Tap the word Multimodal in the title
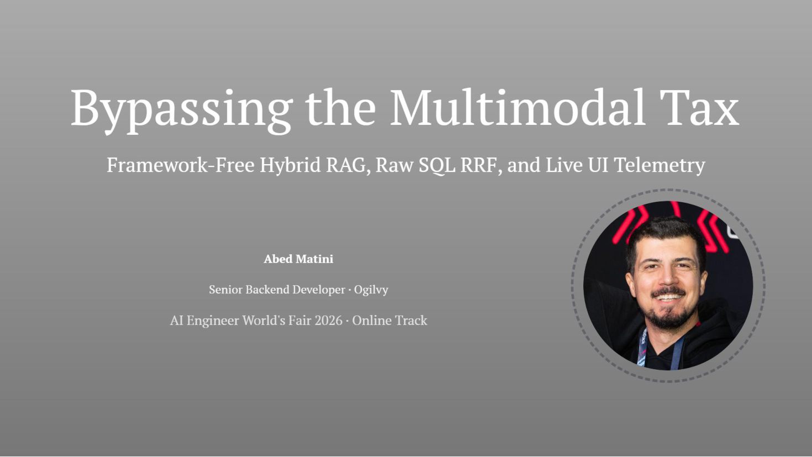(517, 107)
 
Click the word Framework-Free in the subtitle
(181, 165)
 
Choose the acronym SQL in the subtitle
(437, 166)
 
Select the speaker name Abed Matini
(298, 259)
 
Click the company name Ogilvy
(371, 290)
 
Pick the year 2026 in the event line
(329, 321)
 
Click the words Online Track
(389, 321)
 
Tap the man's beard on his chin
(670, 317)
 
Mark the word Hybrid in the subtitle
(290, 166)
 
